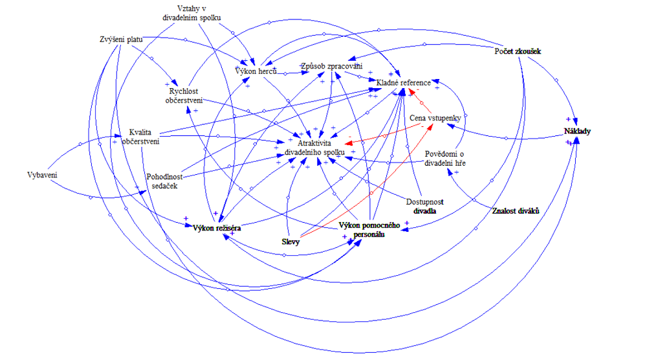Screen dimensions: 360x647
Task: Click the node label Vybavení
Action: [x=43, y=176]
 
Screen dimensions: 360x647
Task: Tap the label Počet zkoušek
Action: [x=517, y=52]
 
